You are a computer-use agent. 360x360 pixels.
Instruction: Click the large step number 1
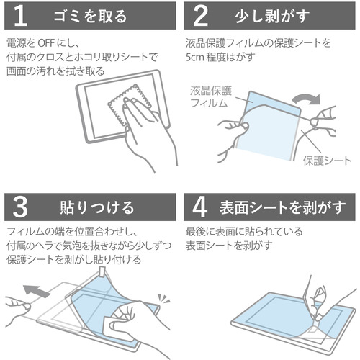tap(20, 16)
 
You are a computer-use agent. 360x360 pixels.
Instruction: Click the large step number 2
tap(200, 16)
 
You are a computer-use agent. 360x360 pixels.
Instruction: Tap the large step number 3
tap(20, 207)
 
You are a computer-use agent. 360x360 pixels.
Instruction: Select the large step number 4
tap(200, 207)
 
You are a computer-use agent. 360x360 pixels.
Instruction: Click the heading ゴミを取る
tap(90, 17)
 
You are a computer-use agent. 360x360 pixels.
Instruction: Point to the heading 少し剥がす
tap(272, 17)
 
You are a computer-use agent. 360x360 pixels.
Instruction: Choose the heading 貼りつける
tap(97, 207)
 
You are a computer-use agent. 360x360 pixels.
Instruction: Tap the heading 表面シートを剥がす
tap(282, 207)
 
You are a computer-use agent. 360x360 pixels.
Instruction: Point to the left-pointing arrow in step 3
tap(37, 291)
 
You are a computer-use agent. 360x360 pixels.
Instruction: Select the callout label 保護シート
tap(328, 161)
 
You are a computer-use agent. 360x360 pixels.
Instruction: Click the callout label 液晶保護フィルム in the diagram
tap(210, 96)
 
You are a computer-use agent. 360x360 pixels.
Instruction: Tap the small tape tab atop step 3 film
tap(103, 271)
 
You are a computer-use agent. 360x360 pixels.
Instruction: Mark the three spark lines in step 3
tap(163, 298)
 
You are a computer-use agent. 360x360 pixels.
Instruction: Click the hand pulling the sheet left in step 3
tap(17, 309)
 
